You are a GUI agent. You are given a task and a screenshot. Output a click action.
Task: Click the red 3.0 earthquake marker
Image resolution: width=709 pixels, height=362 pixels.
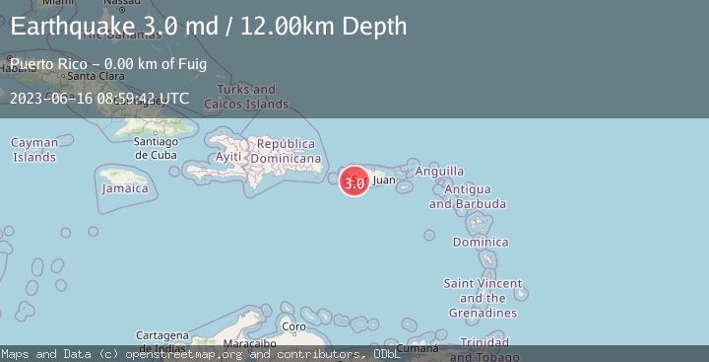coord(354,182)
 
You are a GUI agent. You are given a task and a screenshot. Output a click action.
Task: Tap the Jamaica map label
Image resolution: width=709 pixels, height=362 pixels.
coord(125,188)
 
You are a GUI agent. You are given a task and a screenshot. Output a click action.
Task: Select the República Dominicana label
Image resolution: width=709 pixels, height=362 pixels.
coord(286,151)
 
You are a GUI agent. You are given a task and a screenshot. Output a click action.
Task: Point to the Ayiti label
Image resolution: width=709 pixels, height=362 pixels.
coord(228,157)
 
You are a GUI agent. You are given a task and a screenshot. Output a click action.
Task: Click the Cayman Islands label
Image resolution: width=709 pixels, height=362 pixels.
coord(34,150)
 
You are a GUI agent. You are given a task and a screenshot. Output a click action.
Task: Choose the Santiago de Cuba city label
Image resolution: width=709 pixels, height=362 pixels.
coord(155,147)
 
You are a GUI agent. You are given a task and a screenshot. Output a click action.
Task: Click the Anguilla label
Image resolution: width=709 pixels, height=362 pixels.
coord(439,171)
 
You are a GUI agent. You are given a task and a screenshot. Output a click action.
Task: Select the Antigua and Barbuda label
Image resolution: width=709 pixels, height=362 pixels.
coord(468,196)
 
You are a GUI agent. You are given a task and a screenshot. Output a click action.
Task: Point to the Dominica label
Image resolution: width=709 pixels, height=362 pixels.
coord(481,242)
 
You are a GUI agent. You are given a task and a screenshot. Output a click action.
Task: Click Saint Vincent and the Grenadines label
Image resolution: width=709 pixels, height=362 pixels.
coord(482,298)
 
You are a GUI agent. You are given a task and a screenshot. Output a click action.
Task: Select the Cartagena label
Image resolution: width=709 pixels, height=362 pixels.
coord(161,335)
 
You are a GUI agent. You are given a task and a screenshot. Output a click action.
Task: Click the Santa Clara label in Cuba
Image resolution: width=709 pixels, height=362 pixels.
coord(95,75)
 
